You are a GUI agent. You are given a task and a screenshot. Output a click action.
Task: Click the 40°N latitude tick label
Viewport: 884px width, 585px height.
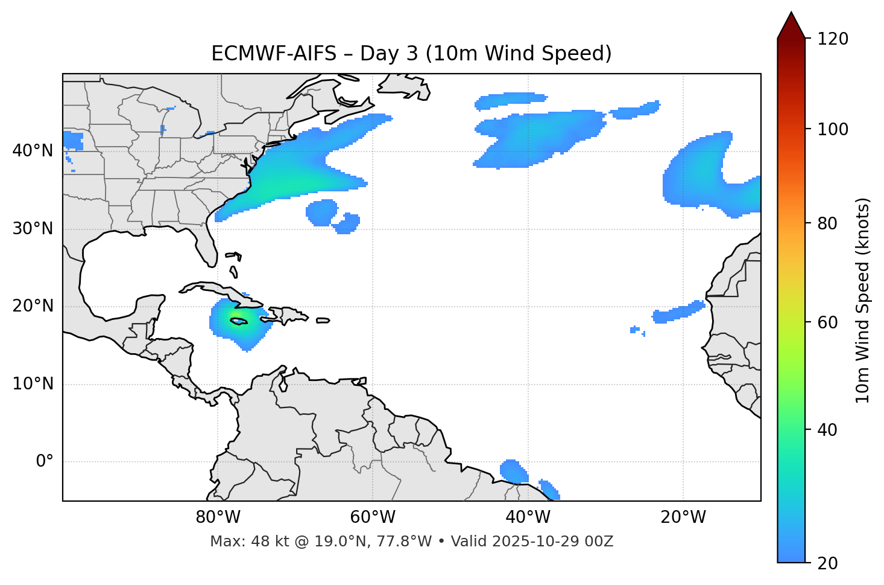pyautogui.click(x=33, y=151)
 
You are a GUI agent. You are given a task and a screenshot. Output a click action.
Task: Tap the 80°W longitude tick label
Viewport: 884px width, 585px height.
pyautogui.click(x=218, y=517)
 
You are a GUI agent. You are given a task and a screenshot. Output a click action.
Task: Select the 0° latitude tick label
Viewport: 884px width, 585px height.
pyautogui.click(x=45, y=462)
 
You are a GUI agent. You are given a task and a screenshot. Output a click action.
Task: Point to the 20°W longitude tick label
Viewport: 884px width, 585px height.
pyautogui.click(x=683, y=517)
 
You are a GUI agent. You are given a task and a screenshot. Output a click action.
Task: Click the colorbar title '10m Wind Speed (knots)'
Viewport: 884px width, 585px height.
pyautogui.click(x=863, y=300)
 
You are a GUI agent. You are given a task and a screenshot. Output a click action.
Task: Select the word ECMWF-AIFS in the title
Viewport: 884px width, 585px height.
pyautogui.click(x=274, y=54)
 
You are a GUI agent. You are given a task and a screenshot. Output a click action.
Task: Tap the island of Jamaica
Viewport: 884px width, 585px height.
pyautogui.click(x=239, y=322)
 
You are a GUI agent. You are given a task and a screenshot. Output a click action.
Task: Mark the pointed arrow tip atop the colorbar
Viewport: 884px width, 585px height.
pyautogui.click(x=791, y=13)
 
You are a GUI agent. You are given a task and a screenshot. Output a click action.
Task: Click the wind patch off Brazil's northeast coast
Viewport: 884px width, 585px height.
pyautogui.click(x=514, y=471)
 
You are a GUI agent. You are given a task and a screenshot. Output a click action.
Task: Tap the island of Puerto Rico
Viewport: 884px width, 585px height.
pyautogui.click(x=323, y=321)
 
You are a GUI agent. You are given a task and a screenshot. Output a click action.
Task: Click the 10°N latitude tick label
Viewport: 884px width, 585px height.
pyautogui.click(x=33, y=384)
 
